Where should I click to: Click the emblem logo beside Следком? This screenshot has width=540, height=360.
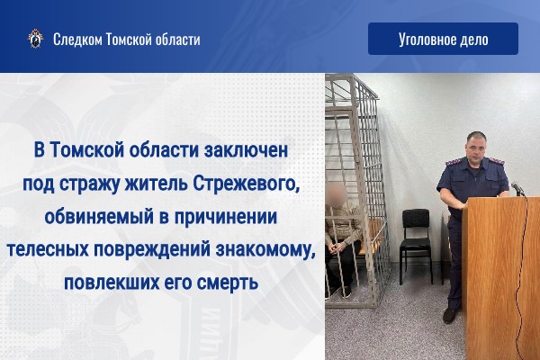[35, 39]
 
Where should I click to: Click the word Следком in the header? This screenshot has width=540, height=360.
[77, 40]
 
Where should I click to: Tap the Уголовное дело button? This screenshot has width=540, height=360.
[443, 39]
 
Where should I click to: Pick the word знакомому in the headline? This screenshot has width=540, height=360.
[265, 250]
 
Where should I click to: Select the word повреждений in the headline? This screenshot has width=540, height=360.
[152, 250]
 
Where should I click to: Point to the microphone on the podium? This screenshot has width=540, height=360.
[517, 188]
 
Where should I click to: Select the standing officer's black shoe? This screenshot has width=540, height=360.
[450, 314]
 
